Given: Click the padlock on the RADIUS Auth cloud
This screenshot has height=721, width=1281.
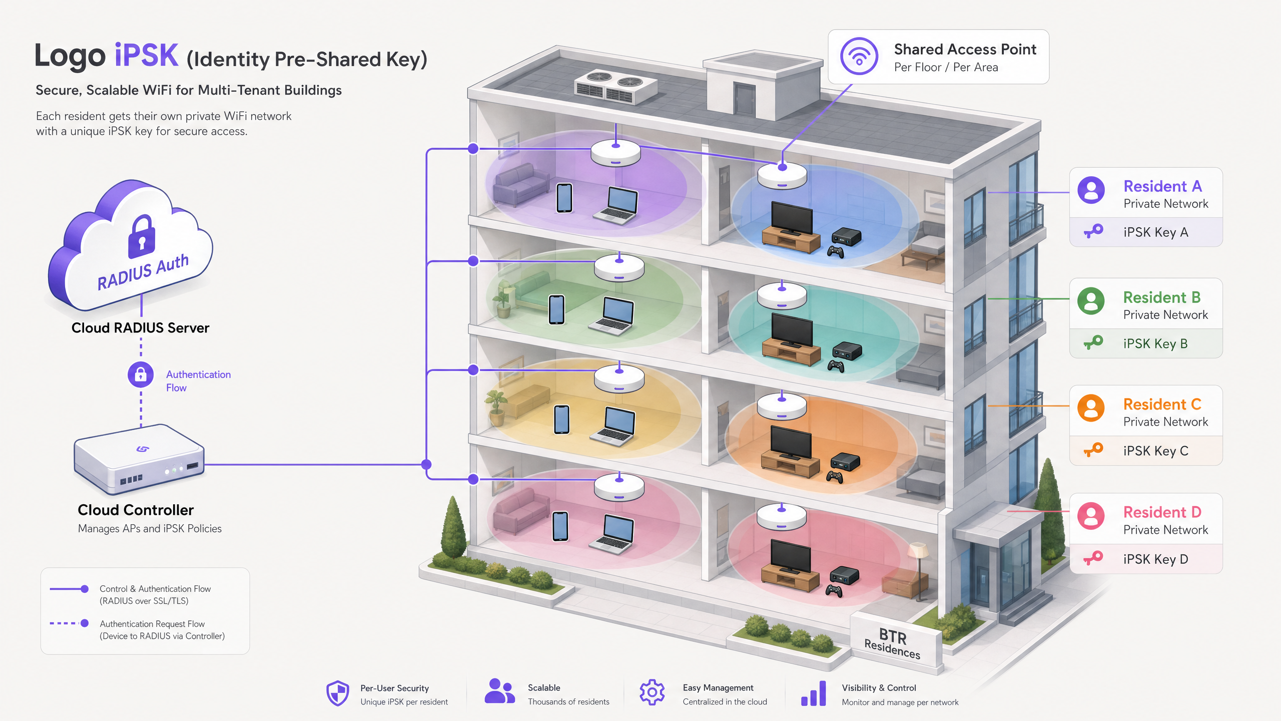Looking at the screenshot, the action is pos(142,236).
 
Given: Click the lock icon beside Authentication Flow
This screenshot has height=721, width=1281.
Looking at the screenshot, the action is pos(141,375).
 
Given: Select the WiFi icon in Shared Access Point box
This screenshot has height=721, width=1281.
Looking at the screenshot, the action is pos(859,56).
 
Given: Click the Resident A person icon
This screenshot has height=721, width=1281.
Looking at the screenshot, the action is pos(1091,190).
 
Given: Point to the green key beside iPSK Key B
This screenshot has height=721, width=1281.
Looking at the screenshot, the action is pos(1093,342).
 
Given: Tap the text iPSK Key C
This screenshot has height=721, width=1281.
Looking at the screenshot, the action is pos(1155,451).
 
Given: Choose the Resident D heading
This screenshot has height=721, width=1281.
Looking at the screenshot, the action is pos(1162,512).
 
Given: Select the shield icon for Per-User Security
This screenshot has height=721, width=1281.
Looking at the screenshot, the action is pos(338,693).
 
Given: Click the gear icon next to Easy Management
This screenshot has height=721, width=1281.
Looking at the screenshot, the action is pos(652,692).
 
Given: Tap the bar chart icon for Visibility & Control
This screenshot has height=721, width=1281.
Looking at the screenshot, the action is pos(814,693).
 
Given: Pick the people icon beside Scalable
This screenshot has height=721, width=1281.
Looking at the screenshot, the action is pos(499,691).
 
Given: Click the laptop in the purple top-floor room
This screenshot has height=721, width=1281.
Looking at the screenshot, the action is pos(616,205).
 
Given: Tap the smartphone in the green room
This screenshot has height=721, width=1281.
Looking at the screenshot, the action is pos(556,309).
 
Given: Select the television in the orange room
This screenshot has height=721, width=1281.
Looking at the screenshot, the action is pos(791,443).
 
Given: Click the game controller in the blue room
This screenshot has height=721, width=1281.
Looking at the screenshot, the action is pos(835,251).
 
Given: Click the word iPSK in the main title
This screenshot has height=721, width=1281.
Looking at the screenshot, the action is pos(146,55).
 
